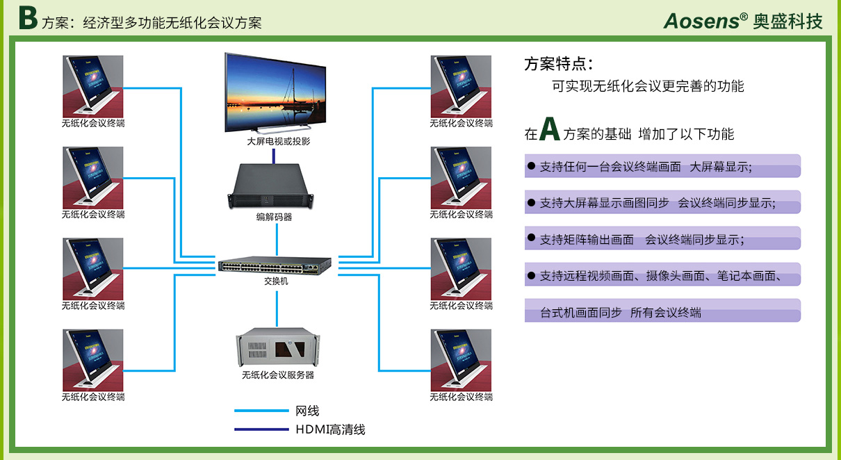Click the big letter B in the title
[28, 18]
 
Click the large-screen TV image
[275, 93]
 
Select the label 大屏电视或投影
[278, 141]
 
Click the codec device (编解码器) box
[270, 186]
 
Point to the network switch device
[275, 265]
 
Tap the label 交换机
[276, 281]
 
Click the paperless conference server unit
[277, 347]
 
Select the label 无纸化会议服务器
[278, 375]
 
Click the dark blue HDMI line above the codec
[273, 156]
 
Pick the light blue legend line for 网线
[261, 411]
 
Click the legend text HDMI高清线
[330, 429]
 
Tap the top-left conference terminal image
[92, 86]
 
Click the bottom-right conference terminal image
[461, 360]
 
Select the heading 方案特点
[558, 64]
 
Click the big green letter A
[550, 129]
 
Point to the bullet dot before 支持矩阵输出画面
[531, 238]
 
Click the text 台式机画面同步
[581, 313]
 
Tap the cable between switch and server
[277, 309]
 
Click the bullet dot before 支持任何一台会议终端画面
[531, 165]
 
